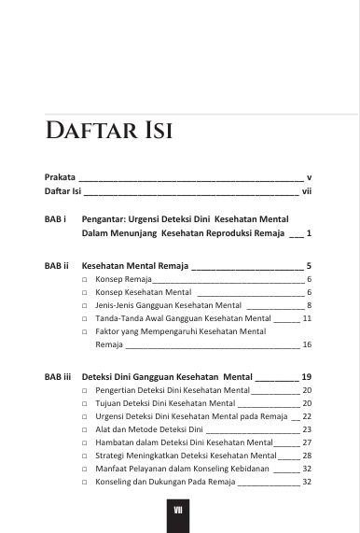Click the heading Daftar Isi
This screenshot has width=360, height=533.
(x=108, y=129)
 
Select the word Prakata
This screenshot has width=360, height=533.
(x=61, y=175)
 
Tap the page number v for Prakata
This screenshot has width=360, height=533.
(x=309, y=175)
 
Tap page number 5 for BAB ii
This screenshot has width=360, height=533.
(x=309, y=265)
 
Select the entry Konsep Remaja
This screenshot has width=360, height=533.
(x=123, y=279)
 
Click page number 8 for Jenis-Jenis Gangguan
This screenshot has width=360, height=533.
(x=309, y=305)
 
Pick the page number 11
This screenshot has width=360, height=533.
(x=307, y=318)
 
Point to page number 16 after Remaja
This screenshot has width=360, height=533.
(x=307, y=344)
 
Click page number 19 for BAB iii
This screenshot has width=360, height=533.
(x=306, y=376)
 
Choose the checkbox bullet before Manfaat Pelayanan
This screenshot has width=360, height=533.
(x=85, y=469)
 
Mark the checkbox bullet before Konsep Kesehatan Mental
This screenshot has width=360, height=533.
(x=85, y=292)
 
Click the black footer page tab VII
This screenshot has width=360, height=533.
(x=179, y=512)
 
